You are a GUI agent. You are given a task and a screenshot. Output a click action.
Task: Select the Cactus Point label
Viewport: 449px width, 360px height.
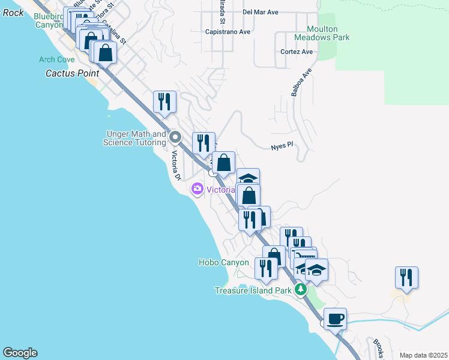[71, 73]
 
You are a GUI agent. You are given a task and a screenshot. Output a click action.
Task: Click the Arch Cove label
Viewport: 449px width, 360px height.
[57, 59]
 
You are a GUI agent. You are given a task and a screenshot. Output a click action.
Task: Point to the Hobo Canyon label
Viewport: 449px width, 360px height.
[223, 262]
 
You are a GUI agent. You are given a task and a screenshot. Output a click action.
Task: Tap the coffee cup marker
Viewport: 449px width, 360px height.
[335, 318]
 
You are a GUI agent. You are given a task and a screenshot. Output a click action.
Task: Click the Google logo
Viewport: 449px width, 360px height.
[20, 353]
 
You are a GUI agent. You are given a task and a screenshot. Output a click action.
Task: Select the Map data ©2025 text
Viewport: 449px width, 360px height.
[423, 355]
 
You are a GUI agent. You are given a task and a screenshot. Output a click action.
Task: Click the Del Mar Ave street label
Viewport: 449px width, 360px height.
[261, 11]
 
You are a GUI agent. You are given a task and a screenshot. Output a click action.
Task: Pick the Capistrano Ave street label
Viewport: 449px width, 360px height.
[228, 31]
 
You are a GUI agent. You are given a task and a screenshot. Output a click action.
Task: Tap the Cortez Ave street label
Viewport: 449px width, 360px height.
[297, 52]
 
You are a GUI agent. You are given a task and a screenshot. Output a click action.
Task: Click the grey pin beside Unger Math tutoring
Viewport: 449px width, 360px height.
[175, 137]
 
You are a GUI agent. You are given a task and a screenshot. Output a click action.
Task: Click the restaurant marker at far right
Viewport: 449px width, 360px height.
[406, 277]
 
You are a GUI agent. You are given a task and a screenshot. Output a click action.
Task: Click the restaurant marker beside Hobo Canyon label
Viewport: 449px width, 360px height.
[265, 268]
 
